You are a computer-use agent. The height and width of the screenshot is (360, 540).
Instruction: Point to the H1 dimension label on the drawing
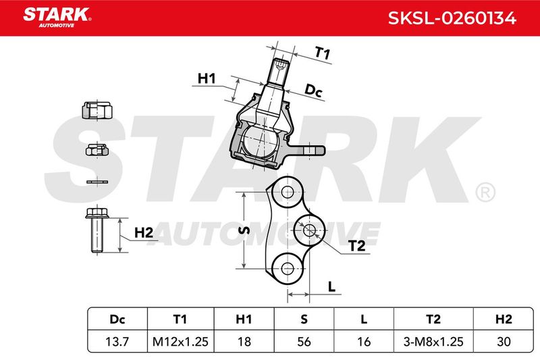point(206,79)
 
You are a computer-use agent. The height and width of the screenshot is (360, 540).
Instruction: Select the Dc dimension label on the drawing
point(314,90)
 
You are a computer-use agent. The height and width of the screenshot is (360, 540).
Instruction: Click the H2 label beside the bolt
point(143,233)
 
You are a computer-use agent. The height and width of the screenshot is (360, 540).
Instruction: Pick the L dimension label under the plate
point(332,286)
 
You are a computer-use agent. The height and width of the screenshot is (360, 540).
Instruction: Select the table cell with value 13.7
point(117,342)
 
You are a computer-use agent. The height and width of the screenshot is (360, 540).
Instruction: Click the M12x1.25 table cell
point(179,342)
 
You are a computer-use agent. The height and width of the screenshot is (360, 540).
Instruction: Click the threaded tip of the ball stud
point(281,68)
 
